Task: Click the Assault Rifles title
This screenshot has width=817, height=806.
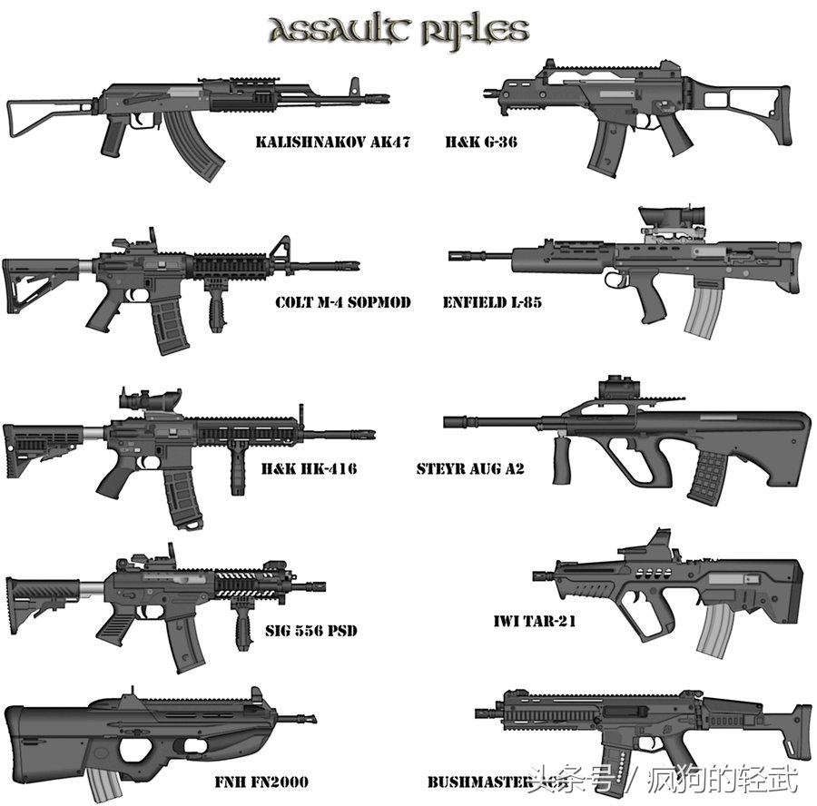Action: pos(399,31)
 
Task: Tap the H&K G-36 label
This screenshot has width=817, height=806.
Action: pos(481,143)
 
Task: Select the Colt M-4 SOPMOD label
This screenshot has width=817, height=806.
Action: pos(342,302)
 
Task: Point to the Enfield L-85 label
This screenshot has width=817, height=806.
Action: pos(492,302)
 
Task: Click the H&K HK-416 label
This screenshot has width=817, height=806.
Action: pos(309,469)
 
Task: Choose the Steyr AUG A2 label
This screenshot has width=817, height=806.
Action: pos(470,469)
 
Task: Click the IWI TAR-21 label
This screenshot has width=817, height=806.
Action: pos(535,622)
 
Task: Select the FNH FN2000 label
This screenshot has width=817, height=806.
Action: pos(261,781)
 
